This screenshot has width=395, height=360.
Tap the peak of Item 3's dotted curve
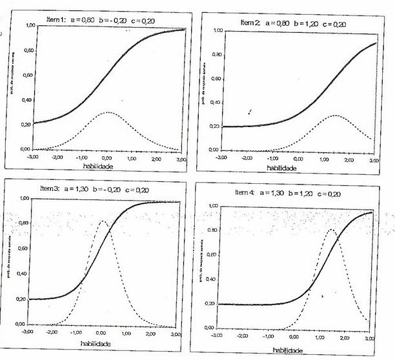(x=102, y=222)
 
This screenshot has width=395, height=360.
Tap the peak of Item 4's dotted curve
(x=331, y=229)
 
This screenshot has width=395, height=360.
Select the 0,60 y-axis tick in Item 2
(x=216, y=79)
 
